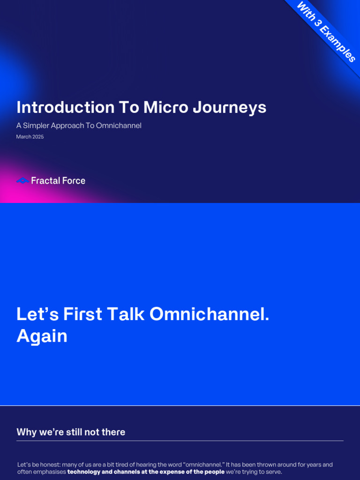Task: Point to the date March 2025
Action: click(x=30, y=137)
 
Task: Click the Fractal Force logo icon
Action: click(x=22, y=180)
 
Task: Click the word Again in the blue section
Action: click(x=42, y=337)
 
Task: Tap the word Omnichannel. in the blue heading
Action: click(x=209, y=314)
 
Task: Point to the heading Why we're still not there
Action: click(x=71, y=432)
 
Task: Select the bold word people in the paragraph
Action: click(x=214, y=472)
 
